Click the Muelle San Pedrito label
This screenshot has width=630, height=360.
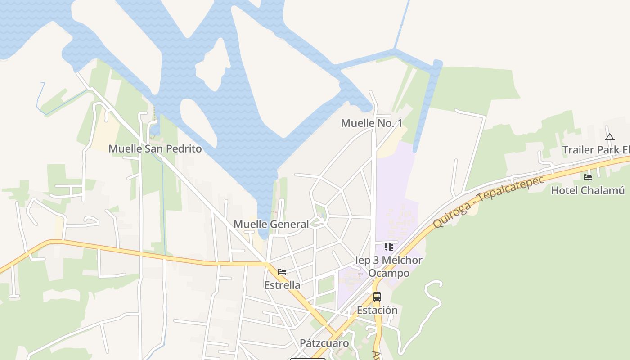(x=155, y=148)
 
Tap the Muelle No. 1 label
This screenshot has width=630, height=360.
(x=371, y=123)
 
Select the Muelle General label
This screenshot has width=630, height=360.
(x=271, y=224)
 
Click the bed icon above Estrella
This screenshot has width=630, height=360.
(x=282, y=272)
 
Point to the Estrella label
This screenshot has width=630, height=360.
(x=282, y=285)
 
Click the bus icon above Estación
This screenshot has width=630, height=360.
(x=377, y=297)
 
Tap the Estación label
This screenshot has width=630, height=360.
(x=377, y=310)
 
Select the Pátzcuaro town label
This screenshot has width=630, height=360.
(x=324, y=343)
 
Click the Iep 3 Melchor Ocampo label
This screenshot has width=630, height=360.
(x=389, y=266)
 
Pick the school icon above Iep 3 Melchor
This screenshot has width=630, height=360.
(x=389, y=247)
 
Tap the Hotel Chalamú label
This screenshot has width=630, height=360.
(x=588, y=190)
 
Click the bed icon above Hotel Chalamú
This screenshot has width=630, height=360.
(x=588, y=177)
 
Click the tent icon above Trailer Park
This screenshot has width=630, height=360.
(x=610, y=137)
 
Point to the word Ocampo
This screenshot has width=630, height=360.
(x=389, y=273)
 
